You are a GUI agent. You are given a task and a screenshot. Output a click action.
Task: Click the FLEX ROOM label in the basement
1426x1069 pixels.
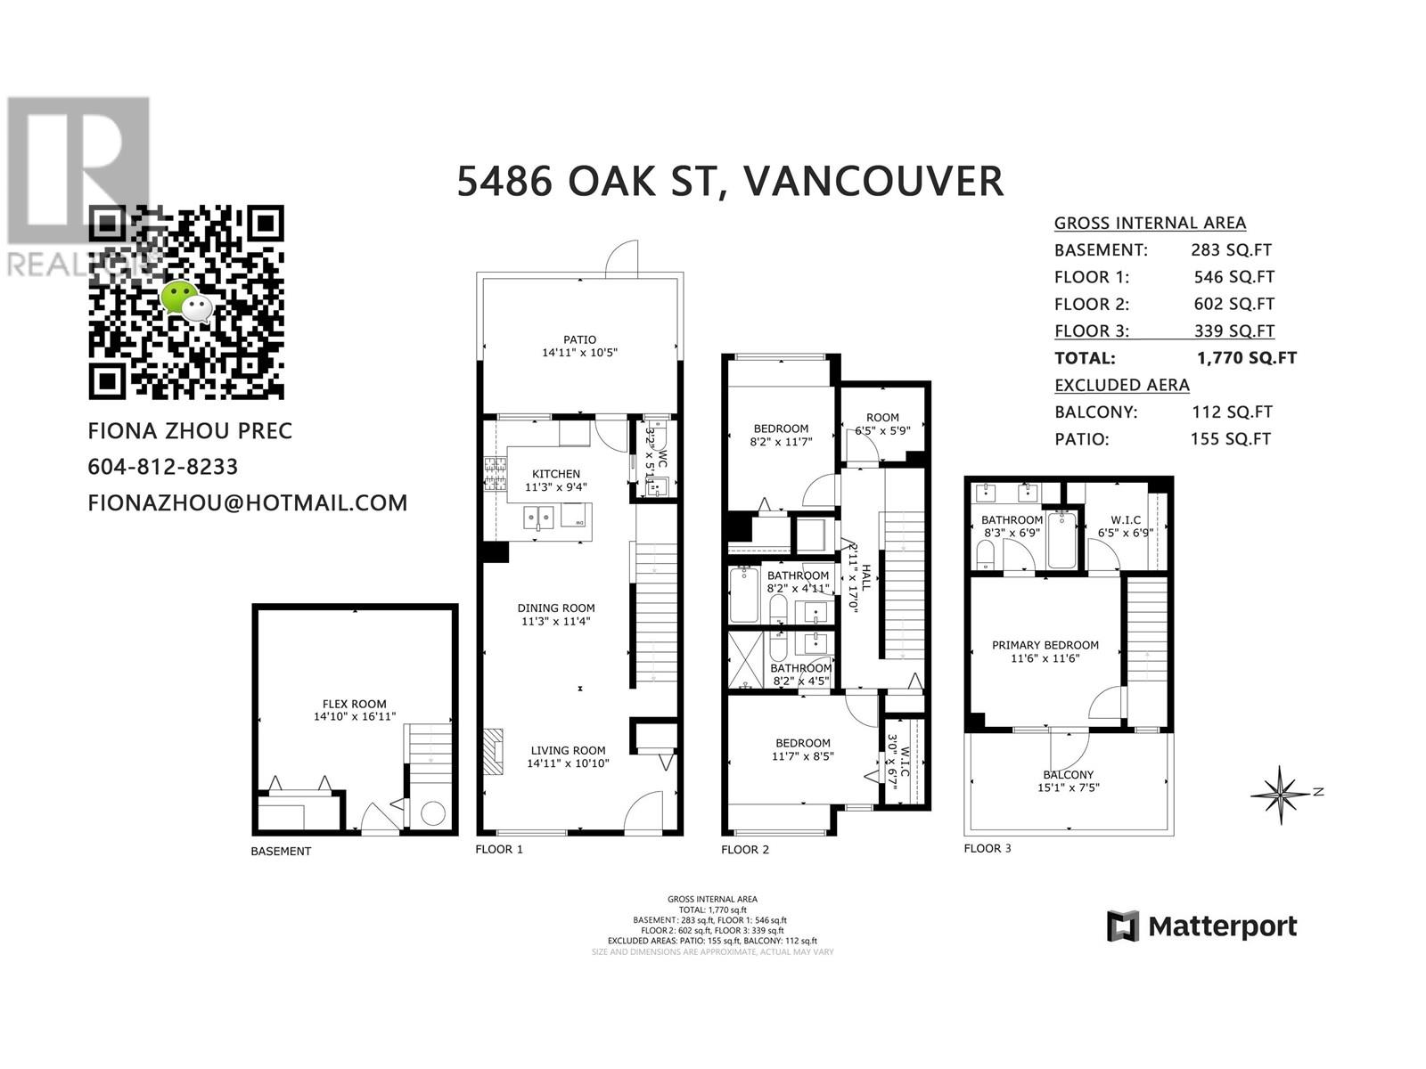pyautogui.click(x=354, y=704)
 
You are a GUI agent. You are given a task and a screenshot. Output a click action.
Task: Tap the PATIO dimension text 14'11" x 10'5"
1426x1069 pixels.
pyautogui.click(x=579, y=353)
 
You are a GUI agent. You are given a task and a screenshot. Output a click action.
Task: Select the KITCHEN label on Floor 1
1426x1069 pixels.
pyautogui.click(x=556, y=474)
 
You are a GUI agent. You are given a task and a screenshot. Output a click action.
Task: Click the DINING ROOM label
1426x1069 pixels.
pyautogui.click(x=556, y=608)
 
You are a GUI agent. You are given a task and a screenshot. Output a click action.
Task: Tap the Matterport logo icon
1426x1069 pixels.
pyautogui.click(x=1123, y=926)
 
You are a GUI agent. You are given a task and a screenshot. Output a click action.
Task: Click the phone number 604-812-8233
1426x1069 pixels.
pyautogui.click(x=163, y=467)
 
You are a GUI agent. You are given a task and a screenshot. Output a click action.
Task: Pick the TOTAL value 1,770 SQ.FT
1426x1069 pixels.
pyautogui.click(x=1247, y=358)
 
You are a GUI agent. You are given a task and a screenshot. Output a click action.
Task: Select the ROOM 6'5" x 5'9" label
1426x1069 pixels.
pyautogui.click(x=882, y=417)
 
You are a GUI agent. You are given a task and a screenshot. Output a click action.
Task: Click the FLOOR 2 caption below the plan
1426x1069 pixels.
pyautogui.click(x=744, y=849)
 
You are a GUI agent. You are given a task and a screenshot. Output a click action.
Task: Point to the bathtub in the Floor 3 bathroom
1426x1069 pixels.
pyautogui.click(x=1061, y=539)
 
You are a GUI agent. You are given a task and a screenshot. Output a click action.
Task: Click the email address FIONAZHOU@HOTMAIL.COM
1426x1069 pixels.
pyautogui.click(x=248, y=502)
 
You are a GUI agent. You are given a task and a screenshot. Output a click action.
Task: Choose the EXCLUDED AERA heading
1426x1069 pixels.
pyautogui.click(x=1121, y=385)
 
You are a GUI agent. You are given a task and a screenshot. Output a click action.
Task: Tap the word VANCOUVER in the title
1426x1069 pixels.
pyautogui.click(x=873, y=181)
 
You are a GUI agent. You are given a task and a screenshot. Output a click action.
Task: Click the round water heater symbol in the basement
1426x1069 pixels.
pyautogui.click(x=433, y=812)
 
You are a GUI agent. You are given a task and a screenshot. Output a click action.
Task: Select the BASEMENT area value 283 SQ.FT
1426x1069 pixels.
pyautogui.click(x=1231, y=250)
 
